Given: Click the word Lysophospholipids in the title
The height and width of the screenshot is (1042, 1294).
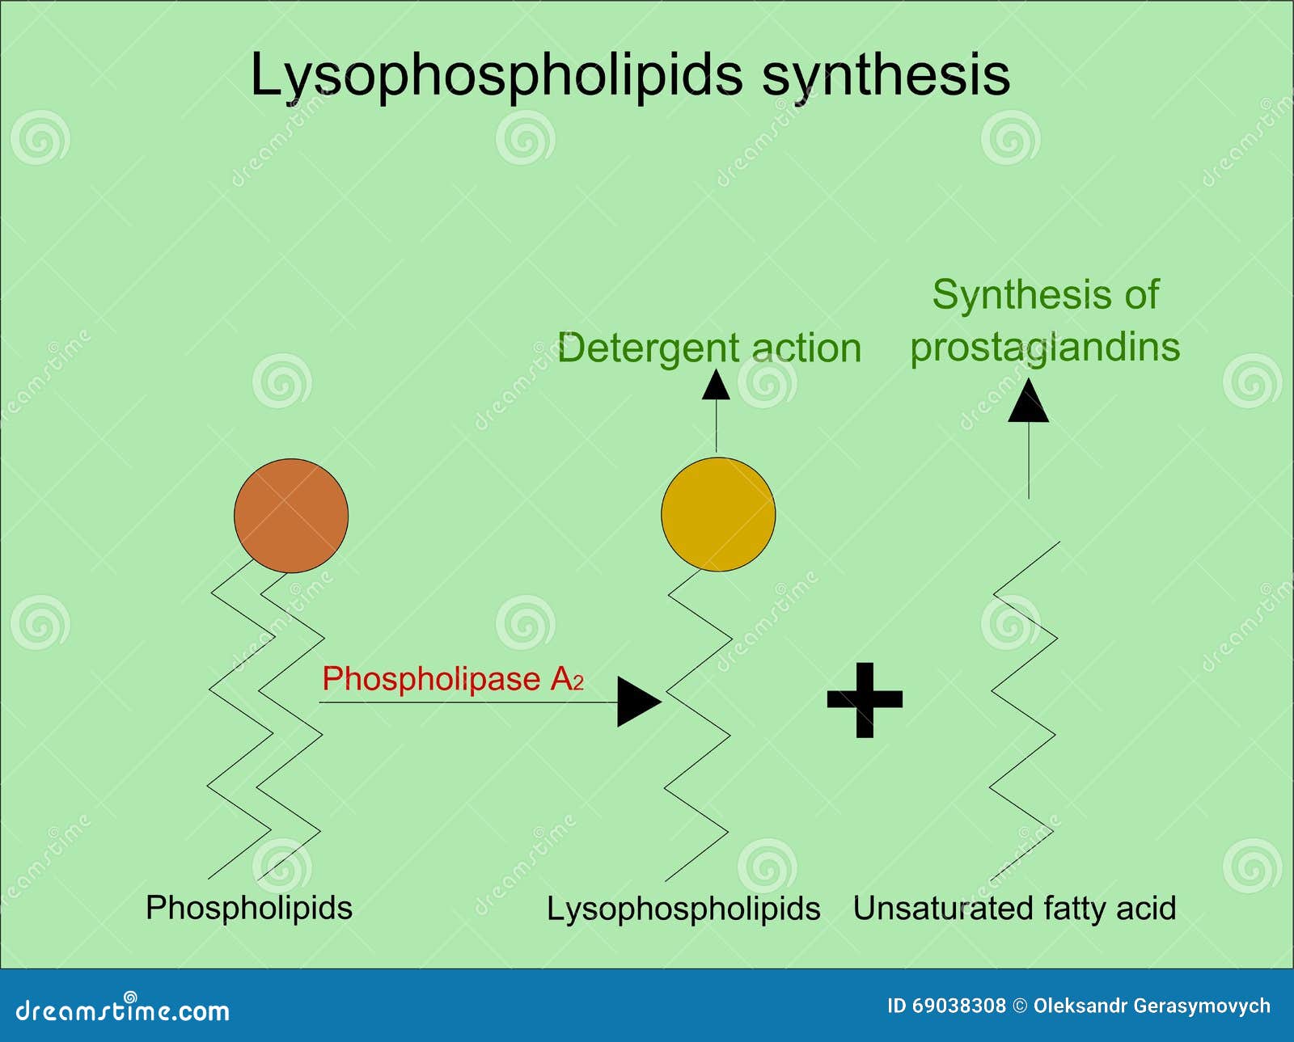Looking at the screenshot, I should tap(495, 75).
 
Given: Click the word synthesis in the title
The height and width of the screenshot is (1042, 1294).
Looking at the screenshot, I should tap(886, 75).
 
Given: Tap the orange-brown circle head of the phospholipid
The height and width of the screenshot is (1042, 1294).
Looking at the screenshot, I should tap(291, 516).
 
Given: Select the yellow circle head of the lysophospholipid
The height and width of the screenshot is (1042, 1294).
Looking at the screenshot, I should tap(718, 514).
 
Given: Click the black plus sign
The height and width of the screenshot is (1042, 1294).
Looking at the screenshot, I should tap(865, 700).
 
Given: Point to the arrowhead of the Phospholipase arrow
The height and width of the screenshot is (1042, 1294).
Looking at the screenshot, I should tap(636, 702).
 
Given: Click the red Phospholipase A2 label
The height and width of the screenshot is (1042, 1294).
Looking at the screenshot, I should tap(451, 679).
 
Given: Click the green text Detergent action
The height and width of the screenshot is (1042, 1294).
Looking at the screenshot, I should tap(709, 348).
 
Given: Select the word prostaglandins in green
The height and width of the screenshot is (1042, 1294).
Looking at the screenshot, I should tap(1045, 348).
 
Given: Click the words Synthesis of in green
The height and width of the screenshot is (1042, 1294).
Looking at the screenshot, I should tap(1045, 294).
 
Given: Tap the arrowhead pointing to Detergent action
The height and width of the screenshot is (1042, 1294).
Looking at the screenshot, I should tap(716, 386).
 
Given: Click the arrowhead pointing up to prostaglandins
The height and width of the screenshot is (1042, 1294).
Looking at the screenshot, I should tap(1028, 403).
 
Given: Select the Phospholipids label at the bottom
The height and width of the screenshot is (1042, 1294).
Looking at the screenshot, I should tap(249, 908).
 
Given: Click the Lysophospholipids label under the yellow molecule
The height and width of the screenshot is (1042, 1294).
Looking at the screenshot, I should tap(683, 909).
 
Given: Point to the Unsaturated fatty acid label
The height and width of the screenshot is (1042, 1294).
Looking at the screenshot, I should tap(1014, 909).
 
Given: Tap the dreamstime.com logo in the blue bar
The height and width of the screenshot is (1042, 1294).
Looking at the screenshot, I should tap(123, 1010).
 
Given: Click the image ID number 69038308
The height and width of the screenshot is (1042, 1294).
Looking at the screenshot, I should tap(959, 1006).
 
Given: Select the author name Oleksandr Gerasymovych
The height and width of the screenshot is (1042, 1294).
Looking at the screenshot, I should tap(1152, 1006).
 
